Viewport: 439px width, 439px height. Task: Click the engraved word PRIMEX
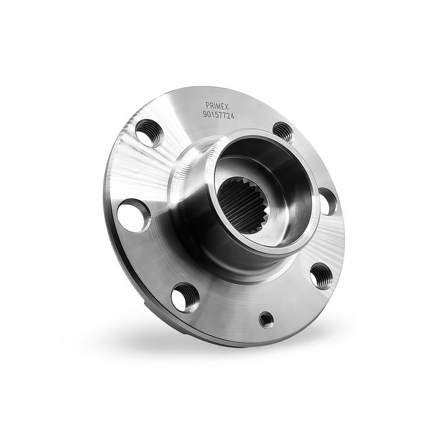pos(217,107)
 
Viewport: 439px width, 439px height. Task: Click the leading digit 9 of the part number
pos(205,115)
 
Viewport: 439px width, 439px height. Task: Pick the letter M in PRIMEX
pos(219,107)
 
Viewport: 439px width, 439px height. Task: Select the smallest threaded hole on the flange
pos(267,319)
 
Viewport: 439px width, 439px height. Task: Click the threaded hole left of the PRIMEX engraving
pos(149,132)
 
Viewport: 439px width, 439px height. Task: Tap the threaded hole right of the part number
pos(283,132)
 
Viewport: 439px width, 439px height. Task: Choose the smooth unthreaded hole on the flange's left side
pos(134,216)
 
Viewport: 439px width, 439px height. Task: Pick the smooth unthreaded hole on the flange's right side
pos(327,201)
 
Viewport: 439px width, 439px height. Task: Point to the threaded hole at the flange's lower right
pos(320,275)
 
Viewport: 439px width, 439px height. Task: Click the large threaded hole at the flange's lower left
pos(185,297)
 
